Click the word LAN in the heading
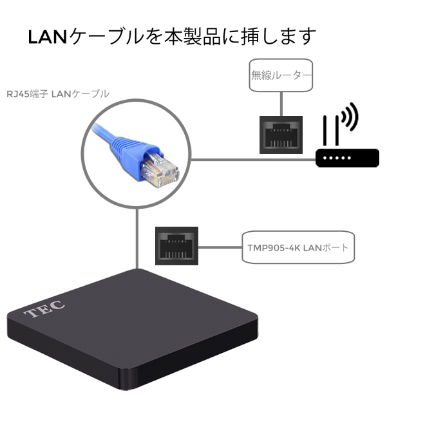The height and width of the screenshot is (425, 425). point(48,37)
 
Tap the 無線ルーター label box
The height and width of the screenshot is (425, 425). point(281,76)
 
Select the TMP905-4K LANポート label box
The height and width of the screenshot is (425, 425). point(297,247)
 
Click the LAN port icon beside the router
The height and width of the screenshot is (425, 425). point(281,135)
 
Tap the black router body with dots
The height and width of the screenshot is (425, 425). point(347,157)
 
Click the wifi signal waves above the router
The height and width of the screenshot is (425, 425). point(348,118)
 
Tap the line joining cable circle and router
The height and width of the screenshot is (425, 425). point(251,160)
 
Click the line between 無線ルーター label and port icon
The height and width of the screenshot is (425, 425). point(281,104)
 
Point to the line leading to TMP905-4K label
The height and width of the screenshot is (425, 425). point(219,247)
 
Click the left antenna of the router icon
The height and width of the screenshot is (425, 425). point(326,133)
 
